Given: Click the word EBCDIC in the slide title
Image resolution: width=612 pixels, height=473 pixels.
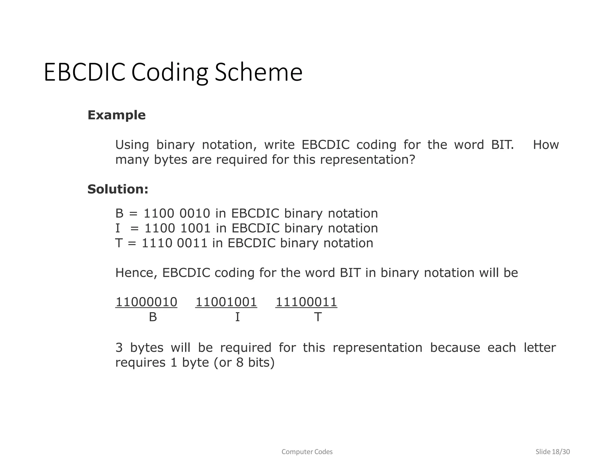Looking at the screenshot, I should (x=84, y=72).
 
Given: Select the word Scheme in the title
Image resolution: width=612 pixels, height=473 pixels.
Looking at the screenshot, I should (x=258, y=72).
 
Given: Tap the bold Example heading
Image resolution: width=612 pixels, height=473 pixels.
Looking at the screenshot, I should (x=117, y=115).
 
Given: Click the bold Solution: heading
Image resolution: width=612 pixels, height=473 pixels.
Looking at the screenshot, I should (x=118, y=189).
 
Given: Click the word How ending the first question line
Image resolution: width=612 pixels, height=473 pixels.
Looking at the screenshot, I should (x=546, y=145).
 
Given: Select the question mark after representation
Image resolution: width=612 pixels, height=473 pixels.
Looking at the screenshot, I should (x=412, y=160).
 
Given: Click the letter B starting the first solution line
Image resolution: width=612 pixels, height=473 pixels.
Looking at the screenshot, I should (x=119, y=213).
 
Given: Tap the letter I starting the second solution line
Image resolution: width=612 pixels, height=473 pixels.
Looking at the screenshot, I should (x=117, y=228).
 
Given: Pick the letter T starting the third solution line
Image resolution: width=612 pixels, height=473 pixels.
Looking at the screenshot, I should (x=119, y=243).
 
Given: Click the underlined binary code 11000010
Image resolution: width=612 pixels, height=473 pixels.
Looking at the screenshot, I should (x=146, y=302).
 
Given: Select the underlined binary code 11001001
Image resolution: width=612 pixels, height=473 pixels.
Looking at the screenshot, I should (x=226, y=302).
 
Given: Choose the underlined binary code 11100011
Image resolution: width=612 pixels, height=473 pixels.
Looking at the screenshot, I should (x=306, y=302).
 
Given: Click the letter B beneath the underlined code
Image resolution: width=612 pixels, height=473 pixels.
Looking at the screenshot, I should (x=153, y=317).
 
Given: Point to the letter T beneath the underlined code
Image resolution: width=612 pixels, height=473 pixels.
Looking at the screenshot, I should (x=318, y=317).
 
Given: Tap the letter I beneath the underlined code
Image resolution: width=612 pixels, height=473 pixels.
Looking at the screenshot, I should (x=237, y=317).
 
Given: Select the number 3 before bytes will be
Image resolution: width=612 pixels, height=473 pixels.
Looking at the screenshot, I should (x=119, y=348).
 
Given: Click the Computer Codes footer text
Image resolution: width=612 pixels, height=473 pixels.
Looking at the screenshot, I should (x=307, y=452).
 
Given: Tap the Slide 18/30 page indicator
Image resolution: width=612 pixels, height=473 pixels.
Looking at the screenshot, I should (x=553, y=452).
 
